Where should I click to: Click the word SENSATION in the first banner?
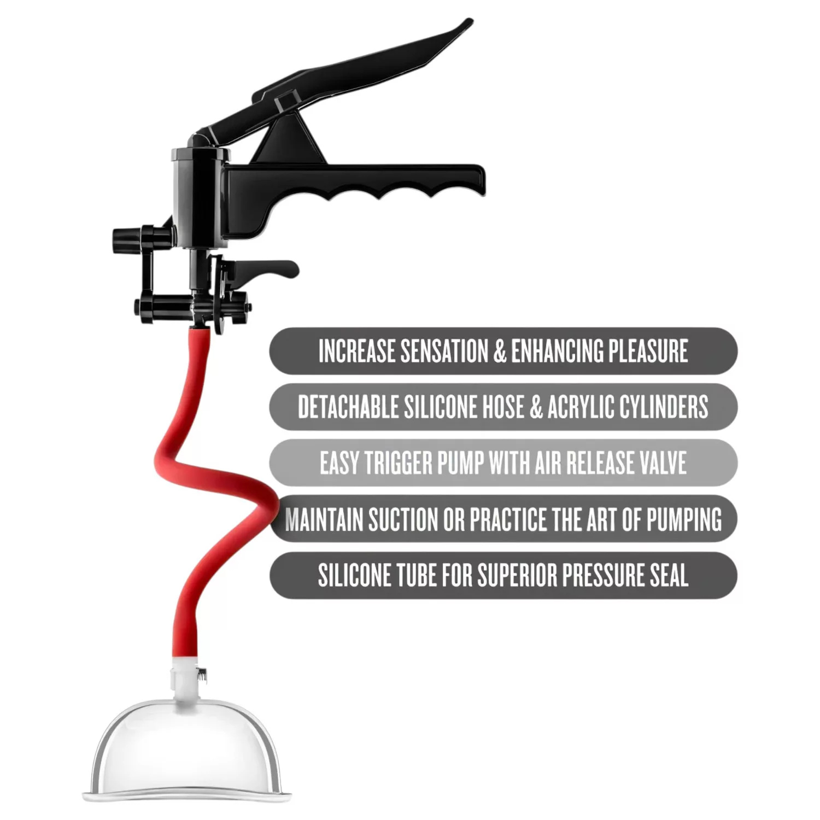point(444,351)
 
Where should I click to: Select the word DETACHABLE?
point(348,407)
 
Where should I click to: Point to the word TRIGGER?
point(398,463)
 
